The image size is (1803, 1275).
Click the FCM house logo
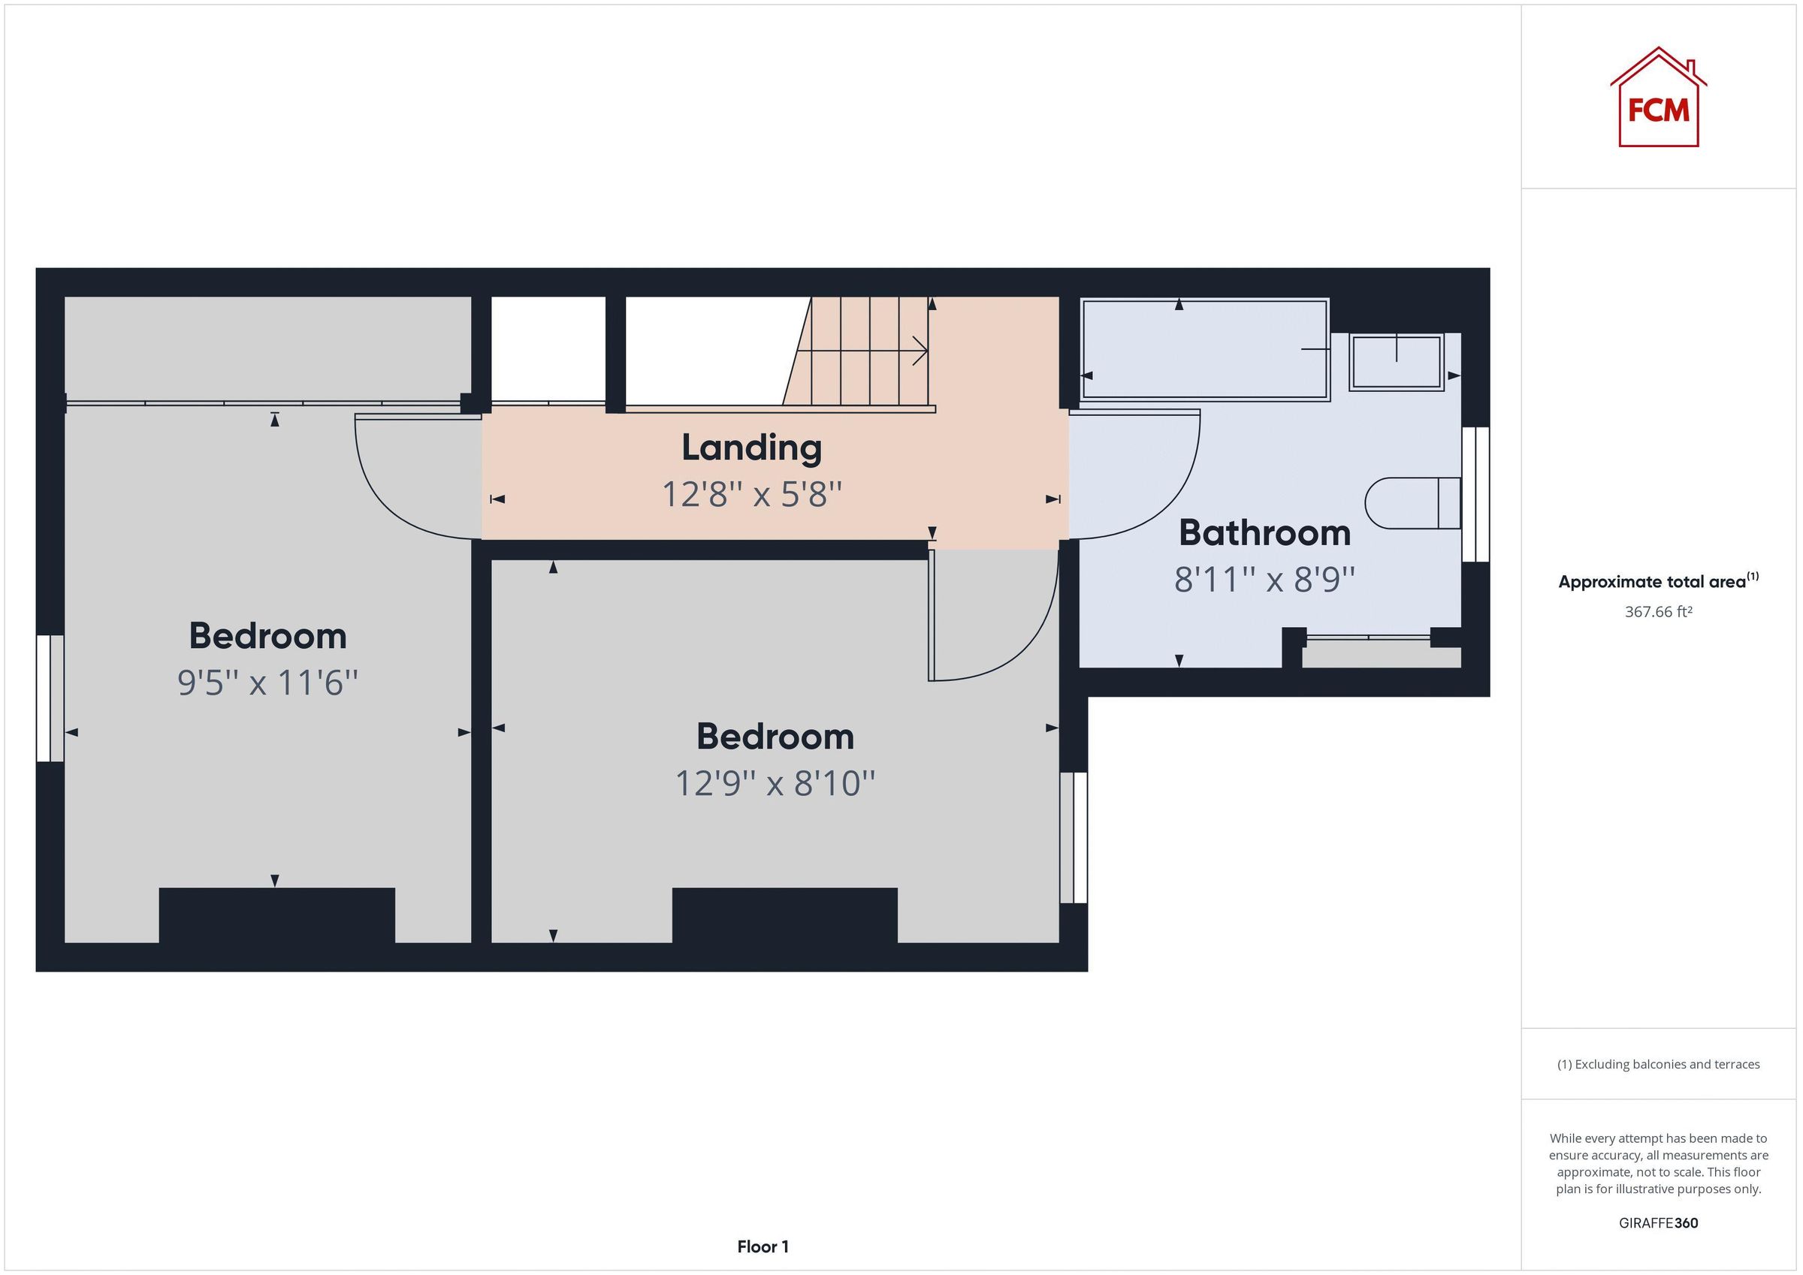1658,99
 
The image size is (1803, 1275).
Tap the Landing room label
751,448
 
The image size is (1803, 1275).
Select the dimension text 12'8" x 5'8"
751,495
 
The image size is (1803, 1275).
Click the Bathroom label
1264,534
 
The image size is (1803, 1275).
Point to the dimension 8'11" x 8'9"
1264,580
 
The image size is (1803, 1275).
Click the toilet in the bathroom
1411,502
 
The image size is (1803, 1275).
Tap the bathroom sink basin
1397,362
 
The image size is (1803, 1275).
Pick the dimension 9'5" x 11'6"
267,683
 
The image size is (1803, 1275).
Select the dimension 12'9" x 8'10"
775,783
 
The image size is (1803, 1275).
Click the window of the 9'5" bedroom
50,698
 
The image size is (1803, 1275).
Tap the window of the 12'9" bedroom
1074,838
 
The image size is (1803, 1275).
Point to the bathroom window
1475,495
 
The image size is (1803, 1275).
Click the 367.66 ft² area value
1658,611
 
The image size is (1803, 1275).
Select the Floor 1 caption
763,1246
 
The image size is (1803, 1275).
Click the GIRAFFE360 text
1658,1223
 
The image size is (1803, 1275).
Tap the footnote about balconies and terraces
1658,1065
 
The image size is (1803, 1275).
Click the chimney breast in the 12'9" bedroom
784,915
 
